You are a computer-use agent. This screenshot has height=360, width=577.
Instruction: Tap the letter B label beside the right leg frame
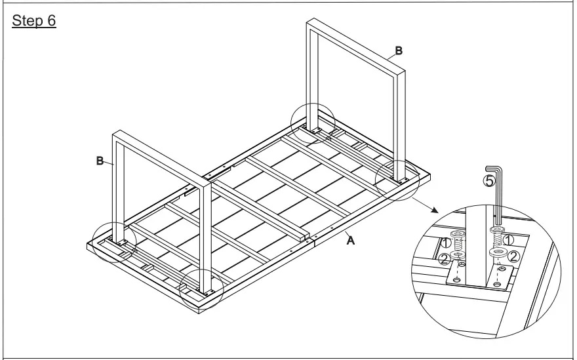(x=398, y=50)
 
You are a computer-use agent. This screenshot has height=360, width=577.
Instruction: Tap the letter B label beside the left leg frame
(x=100, y=161)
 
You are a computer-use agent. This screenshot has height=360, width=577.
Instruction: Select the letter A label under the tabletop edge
(x=351, y=241)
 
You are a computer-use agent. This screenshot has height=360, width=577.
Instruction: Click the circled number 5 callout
(x=488, y=182)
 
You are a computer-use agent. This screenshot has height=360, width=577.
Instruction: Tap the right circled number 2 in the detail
(x=514, y=256)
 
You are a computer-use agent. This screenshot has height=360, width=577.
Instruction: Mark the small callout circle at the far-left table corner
(x=114, y=241)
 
